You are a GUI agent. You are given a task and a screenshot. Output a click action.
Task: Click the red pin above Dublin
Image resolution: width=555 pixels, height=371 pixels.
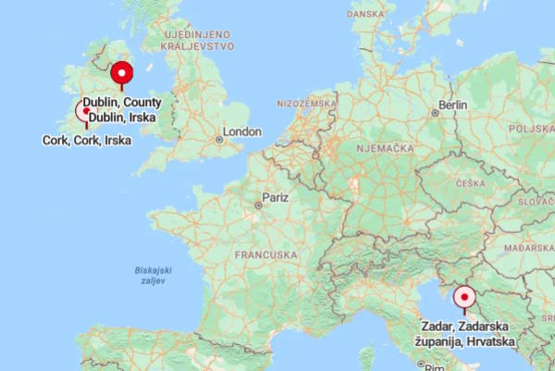coord(121,73)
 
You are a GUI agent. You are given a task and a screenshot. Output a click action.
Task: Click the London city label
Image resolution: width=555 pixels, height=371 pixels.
coord(242,132)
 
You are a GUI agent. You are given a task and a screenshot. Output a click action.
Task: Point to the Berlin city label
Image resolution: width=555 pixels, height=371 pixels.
coord(455,105)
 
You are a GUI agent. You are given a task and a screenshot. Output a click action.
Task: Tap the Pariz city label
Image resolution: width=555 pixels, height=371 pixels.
coord(276,197)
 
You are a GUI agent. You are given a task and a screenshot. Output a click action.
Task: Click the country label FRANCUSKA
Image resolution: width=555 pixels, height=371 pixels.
coord(265,254)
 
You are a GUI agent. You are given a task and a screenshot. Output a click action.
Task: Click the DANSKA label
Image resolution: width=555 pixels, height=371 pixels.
coord(366,14)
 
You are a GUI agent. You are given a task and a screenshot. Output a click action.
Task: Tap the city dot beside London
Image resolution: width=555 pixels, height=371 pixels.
coord(219,140)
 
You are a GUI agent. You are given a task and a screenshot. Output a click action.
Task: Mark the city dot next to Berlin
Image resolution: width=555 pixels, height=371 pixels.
coord(435,113)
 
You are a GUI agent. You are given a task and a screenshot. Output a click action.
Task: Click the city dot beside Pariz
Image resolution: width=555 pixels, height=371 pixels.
coord(258,205)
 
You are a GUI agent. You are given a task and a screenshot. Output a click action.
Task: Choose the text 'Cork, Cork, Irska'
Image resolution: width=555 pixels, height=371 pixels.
coord(87,141)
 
